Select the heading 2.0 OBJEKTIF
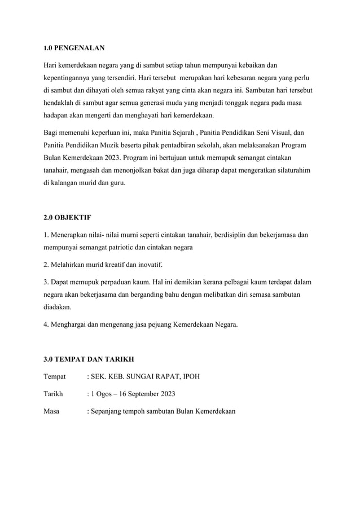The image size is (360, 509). coord(67,217)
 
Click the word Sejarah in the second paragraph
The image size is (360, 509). coord(182,133)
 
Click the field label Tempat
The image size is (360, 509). coord(54,376)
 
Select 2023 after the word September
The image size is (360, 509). coord(166,393)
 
